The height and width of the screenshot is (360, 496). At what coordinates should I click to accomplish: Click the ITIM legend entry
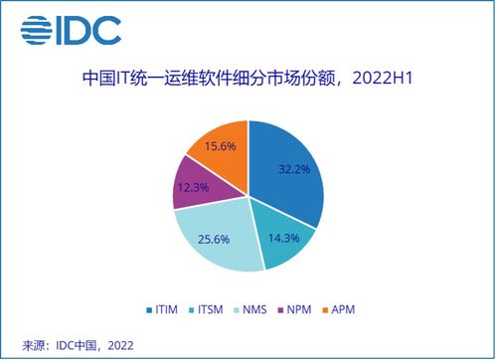click(163, 309)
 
